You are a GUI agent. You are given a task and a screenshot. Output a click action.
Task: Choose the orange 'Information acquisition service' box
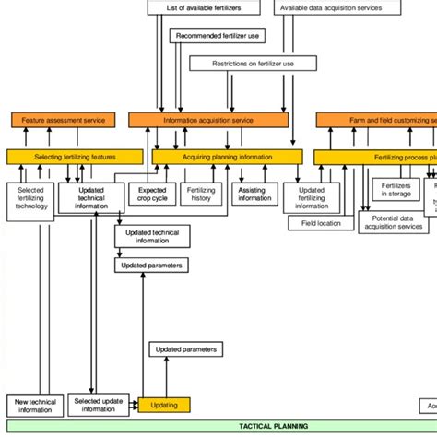tap(208, 120)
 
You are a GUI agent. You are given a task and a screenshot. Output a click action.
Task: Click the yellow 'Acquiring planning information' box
tap(227, 158)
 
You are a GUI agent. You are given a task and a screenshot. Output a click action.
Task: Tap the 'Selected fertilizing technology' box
tap(30, 202)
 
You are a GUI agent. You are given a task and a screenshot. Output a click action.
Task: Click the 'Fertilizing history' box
tap(201, 194)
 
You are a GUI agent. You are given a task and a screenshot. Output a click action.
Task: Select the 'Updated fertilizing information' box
tap(311, 197)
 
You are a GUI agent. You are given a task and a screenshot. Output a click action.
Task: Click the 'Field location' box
tap(321, 223)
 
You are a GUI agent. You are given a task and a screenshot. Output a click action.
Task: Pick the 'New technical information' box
tap(35, 405)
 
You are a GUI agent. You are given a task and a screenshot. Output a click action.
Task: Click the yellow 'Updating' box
tap(164, 405)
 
